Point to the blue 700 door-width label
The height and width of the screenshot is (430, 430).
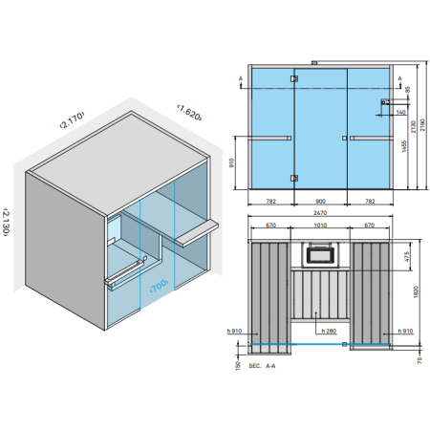pyautogui.click(x=159, y=285)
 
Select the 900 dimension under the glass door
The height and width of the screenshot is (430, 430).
pyautogui.click(x=321, y=202)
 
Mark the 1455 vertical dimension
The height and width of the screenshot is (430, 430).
pyautogui.click(x=403, y=153)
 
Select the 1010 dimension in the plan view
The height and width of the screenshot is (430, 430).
pyautogui.click(x=321, y=226)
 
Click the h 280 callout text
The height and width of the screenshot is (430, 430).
pyautogui.click(x=329, y=331)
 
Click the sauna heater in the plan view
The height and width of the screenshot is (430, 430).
pyautogui.click(x=321, y=253)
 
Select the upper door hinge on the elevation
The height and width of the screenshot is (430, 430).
pyautogui.click(x=293, y=79)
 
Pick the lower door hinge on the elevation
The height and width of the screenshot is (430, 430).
pyautogui.click(x=293, y=175)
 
